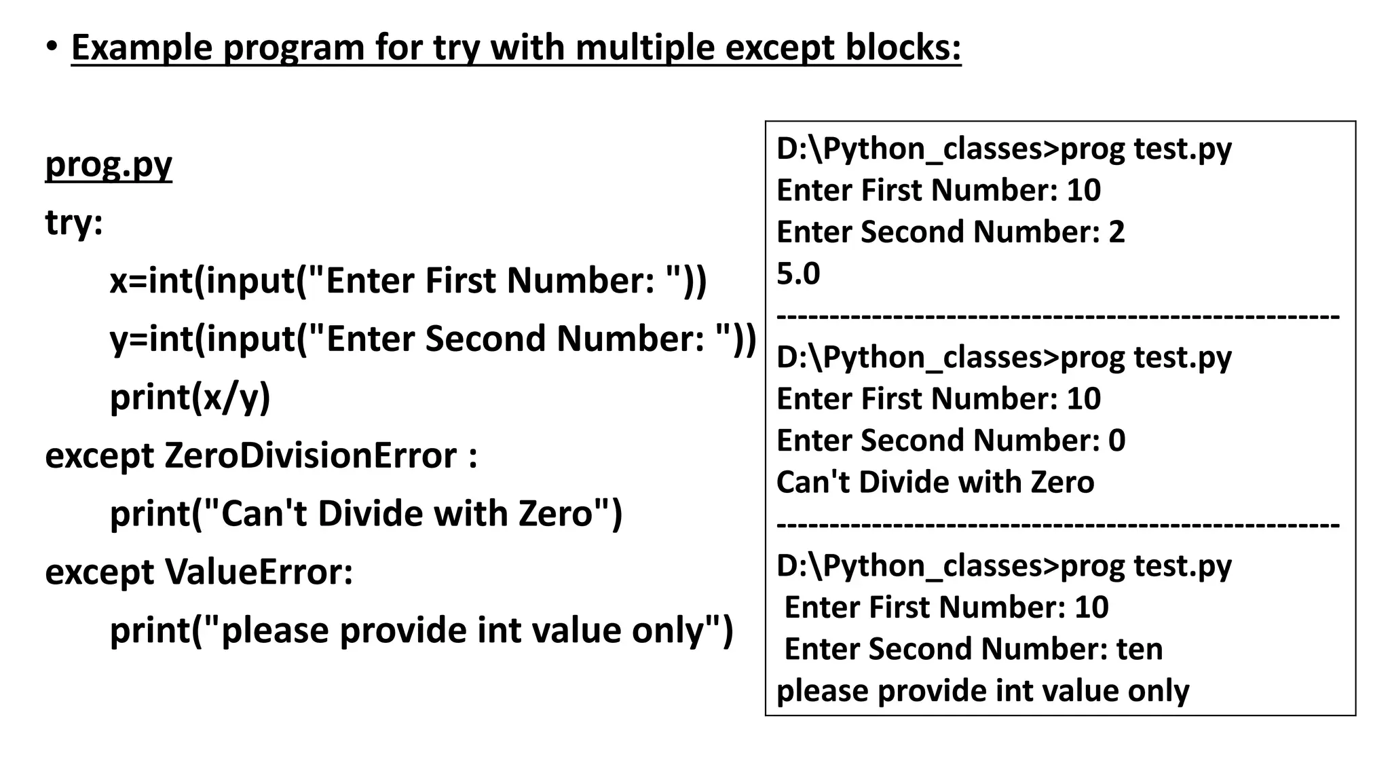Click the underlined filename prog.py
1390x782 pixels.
pos(109,165)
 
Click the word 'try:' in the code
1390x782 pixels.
pos(74,223)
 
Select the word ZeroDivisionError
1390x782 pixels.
pos(311,455)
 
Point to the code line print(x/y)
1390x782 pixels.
pos(190,397)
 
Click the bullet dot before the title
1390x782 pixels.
pos(52,47)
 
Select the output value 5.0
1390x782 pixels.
pos(798,274)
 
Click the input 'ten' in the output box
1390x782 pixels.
pos(1140,649)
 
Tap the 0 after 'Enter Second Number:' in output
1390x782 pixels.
pos(1116,441)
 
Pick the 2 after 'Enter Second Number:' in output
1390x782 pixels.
pos(1116,232)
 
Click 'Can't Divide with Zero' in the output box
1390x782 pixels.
pos(935,483)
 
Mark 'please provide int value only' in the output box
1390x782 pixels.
pos(983,691)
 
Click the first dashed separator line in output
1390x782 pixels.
pos(1057,316)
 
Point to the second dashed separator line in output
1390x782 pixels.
pos(1057,525)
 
